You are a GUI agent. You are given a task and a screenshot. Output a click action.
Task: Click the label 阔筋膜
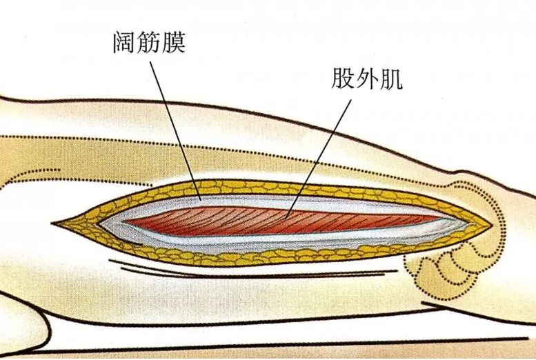point(150,42)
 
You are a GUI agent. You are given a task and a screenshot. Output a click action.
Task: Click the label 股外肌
point(367,79)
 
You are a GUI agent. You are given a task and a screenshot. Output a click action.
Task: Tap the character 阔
point(125,42)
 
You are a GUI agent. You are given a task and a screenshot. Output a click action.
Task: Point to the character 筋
point(149,42)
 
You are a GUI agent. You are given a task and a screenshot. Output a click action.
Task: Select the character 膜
point(174,42)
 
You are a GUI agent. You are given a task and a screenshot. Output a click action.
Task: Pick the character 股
point(343,79)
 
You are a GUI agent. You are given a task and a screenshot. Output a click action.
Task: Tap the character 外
point(367,79)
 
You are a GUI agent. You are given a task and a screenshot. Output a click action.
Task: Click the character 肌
point(391,79)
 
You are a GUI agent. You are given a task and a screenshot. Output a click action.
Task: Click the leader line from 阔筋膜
point(175,130)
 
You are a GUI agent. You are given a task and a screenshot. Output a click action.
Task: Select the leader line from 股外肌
point(319,159)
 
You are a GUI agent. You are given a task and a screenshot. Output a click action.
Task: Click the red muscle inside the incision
point(284,221)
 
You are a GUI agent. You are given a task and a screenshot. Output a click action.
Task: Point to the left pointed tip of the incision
point(52,223)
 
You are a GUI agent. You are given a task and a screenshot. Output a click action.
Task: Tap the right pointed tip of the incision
point(493,226)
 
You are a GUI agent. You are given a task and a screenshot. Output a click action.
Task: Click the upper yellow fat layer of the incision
point(273,188)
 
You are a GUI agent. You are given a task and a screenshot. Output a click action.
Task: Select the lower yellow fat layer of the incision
point(273,257)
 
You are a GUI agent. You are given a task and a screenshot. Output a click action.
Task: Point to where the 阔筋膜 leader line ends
point(201,200)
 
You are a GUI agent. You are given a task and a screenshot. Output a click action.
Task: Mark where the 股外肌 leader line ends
point(286,219)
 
